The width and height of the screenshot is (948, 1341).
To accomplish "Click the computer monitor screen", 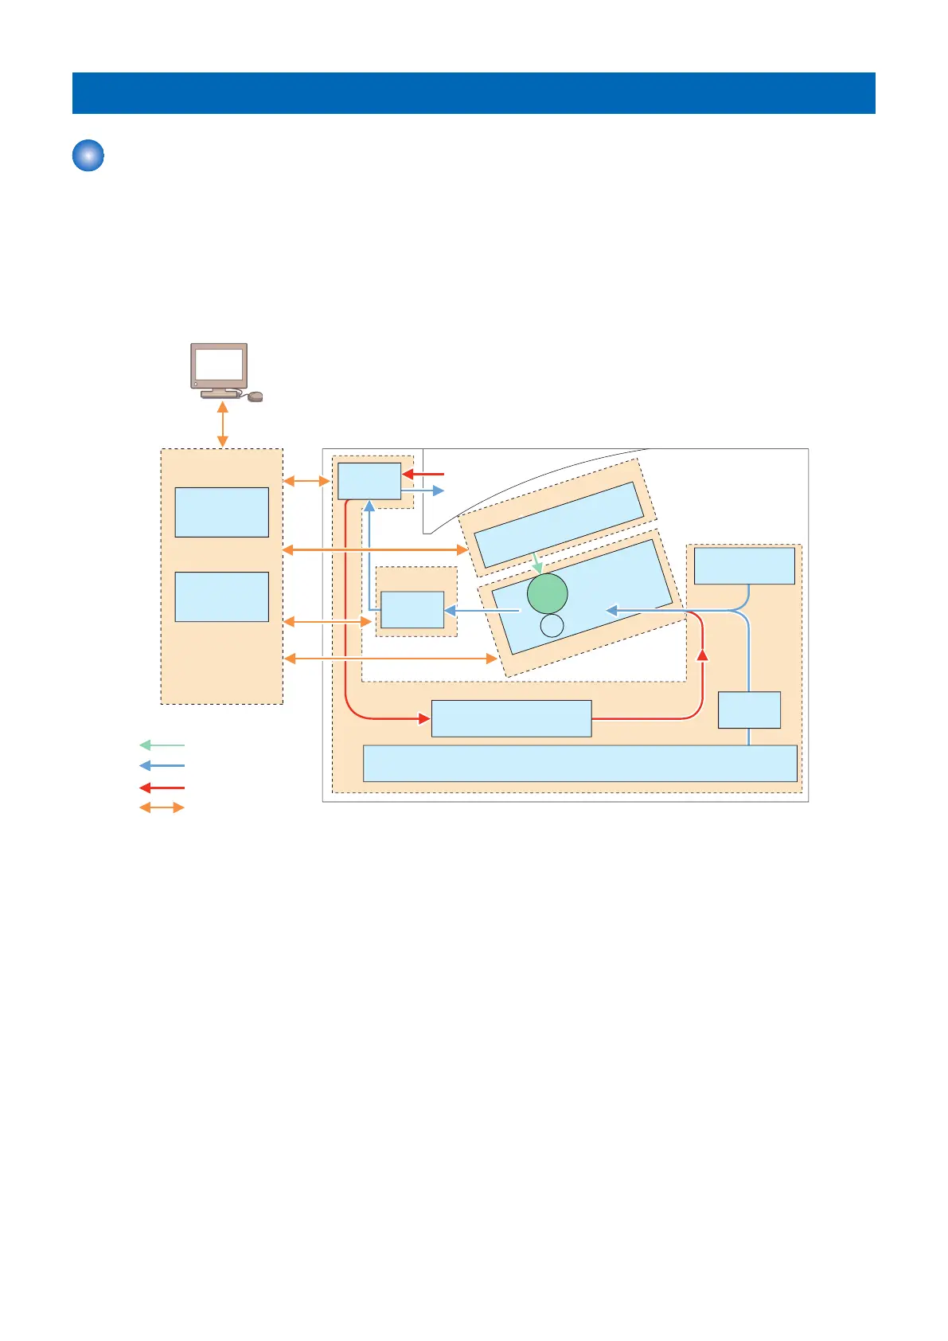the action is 219,366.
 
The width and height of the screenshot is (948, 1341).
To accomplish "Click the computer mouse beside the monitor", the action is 255,397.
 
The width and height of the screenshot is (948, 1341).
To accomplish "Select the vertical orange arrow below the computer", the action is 223,424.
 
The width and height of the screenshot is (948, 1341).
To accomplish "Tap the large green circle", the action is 548,593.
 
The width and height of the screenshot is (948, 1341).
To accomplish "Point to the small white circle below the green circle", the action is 552,626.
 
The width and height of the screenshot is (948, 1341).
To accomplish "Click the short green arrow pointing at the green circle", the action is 537,562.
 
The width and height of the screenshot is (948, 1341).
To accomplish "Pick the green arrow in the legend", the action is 162,745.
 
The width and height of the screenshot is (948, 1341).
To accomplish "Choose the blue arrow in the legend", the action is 162,766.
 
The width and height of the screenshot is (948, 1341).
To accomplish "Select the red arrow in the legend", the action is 162,788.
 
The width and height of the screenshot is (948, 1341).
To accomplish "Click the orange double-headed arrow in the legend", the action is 162,807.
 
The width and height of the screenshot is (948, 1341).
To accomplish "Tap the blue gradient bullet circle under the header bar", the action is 88,155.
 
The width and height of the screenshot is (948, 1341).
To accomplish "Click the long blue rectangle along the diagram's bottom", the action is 579,764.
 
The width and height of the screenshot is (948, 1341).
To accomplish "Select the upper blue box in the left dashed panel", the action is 221,512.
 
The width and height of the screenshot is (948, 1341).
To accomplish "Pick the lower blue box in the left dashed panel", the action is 221,596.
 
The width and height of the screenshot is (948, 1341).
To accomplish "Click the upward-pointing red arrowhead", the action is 702,655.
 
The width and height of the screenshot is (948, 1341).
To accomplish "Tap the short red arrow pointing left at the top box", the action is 423,474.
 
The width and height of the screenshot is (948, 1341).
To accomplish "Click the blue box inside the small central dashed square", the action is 412,610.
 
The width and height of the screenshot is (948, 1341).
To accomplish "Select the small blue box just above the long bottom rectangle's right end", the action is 749,710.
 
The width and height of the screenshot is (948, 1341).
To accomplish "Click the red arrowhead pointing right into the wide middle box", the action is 424,719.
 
